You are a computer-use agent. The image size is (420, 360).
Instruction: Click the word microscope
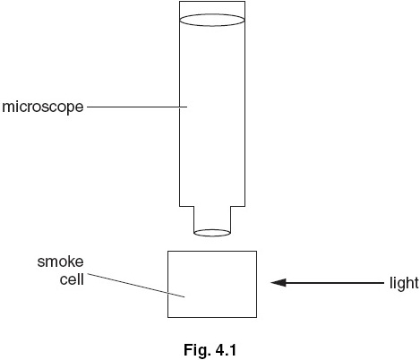point(43,107)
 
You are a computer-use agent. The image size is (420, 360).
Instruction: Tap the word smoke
point(60,261)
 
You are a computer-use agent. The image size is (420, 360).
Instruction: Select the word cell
point(72,279)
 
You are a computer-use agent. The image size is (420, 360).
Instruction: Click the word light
point(404,283)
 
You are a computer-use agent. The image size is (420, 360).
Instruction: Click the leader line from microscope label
point(137,107)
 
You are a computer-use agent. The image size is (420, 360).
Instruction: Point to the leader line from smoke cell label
point(136,285)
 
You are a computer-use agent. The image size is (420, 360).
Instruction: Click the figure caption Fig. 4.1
point(210,349)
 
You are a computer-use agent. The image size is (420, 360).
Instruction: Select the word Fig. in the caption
point(196,350)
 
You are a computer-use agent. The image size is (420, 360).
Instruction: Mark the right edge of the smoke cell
point(256,284)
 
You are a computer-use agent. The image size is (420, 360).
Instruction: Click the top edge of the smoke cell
point(212,251)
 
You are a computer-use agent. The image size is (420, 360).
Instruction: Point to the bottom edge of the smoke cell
point(212,317)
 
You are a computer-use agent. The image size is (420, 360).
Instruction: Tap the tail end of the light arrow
point(384,283)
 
